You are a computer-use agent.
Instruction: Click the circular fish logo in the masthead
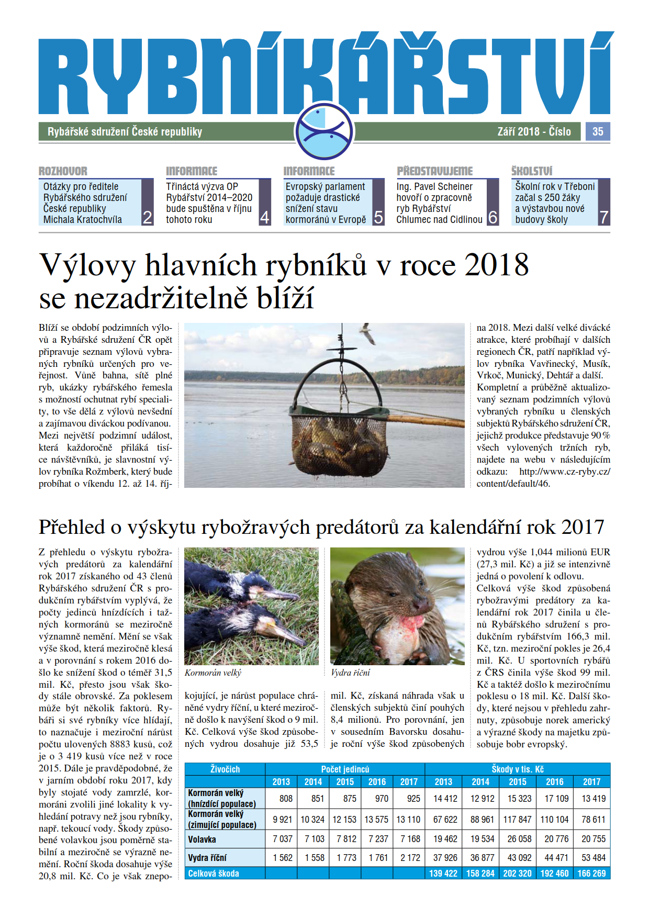click(x=324, y=131)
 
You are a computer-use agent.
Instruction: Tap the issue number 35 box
click(x=598, y=131)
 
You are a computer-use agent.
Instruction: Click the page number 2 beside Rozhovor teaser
click(x=148, y=217)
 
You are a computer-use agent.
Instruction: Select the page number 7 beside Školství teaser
click(x=604, y=217)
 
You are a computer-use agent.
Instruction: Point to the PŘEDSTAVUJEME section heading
click(x=434, y=171)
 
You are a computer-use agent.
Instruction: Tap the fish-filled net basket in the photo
click(x=339, y=440)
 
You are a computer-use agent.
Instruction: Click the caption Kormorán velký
click(x=213, y=673)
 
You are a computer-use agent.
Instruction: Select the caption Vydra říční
click(x=351, y=673)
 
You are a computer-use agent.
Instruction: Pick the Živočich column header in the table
click(x=225, y=769)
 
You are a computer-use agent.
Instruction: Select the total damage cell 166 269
click(x=591, y=874)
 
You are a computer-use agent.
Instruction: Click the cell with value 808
click(x=286, y=799)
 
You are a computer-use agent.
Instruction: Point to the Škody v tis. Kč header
click(x=517, y=769)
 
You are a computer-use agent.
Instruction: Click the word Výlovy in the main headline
click(x=87, y=265)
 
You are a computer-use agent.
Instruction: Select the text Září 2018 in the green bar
click(x=519, y=131)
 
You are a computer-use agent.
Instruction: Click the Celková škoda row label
click(x=214, y=874)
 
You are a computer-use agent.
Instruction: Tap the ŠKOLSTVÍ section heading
click(x=532, y=171)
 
